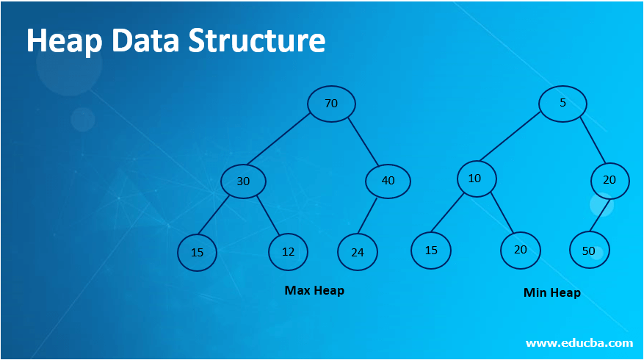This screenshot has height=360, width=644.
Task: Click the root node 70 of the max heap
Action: (x=331, y=104)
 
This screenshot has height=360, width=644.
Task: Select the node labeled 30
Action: (x=243, y=181)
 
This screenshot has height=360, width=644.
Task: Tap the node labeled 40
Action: (x=388, y=181)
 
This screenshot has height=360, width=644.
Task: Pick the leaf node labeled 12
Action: (x=288, y=252)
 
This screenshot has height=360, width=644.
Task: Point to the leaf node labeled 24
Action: (x=358, y=253)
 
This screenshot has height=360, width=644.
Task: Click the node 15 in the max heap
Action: (x=197, y=253)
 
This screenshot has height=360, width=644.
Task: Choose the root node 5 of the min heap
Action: (x=562, y=103)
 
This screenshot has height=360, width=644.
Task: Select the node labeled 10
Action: (x=477, y=179)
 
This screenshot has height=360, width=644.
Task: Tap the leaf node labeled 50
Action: (x=589, y=251)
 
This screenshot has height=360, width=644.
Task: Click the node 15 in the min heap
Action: (x=431, y=250)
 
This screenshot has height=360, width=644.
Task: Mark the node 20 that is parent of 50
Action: (x=610, y=180)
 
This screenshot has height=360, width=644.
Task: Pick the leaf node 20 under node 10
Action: (x=521, y=250)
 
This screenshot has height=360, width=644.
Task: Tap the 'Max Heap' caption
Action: (x=314, y=290)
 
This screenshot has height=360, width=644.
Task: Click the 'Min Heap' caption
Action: (x=552, y=292)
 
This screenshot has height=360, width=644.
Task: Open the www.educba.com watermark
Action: (x=579, y=342)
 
